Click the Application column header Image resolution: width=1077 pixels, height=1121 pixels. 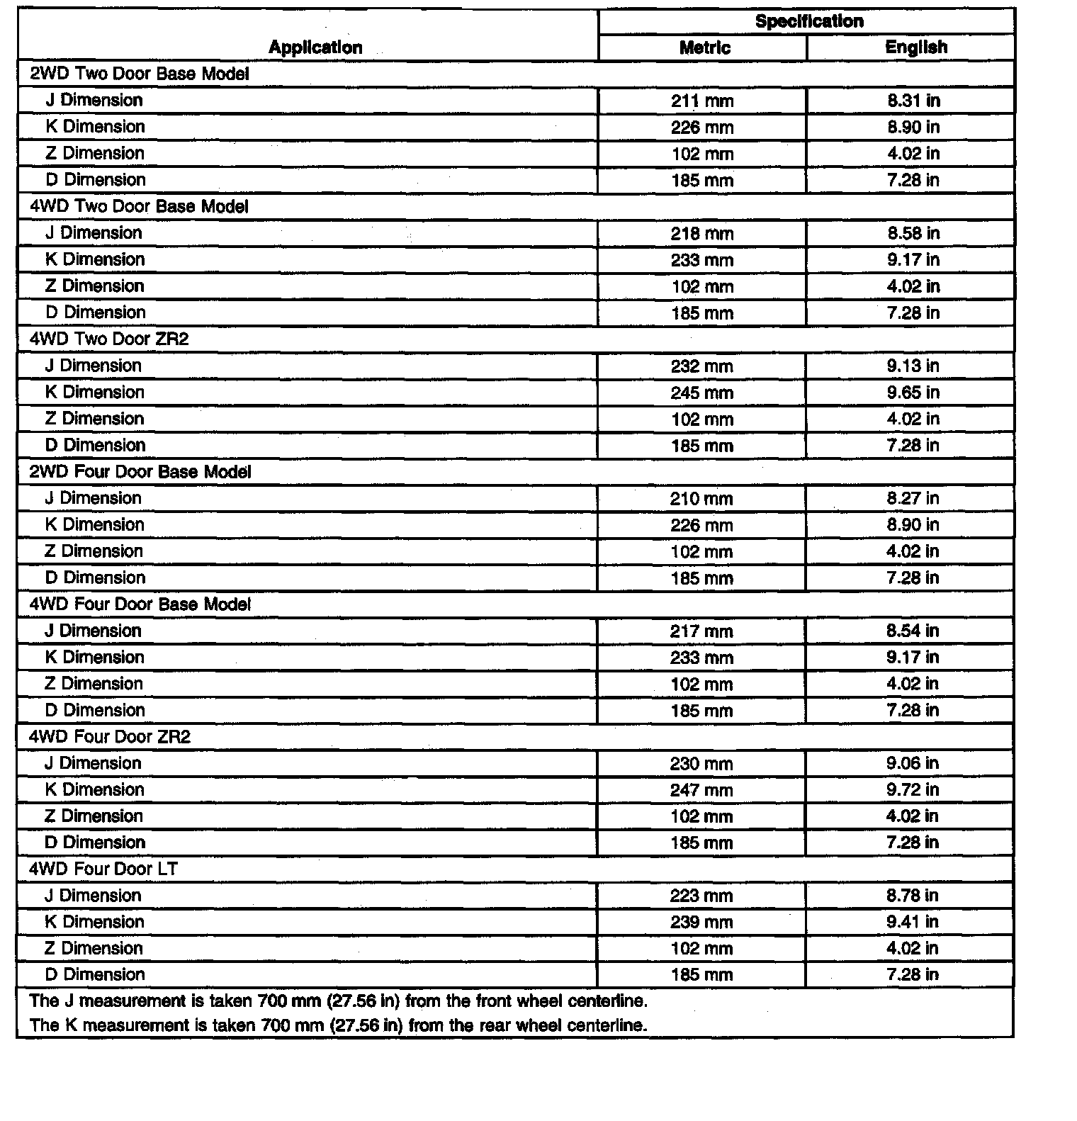315,47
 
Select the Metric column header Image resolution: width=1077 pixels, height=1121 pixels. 704,47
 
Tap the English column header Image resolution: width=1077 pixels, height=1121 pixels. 915,47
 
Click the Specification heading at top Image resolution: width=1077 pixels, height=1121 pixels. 809,21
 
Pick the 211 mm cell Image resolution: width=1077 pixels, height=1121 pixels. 702,101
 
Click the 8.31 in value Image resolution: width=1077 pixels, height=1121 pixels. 913,101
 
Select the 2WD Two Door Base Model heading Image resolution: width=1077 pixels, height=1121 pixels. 140,74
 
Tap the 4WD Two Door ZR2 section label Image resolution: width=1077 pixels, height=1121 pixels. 109,339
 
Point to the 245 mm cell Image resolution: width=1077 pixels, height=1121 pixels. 702,393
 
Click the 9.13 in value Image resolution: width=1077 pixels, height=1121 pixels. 913,366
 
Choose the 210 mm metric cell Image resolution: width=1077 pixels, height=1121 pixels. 701,499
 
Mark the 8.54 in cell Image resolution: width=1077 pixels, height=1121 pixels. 913,631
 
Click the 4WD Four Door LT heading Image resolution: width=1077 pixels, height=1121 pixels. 103,869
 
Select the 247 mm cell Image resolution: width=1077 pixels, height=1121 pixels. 701,790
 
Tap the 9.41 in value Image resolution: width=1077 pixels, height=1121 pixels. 912,922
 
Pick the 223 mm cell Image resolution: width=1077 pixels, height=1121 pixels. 701,896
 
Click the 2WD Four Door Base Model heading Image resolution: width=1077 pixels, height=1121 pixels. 140,472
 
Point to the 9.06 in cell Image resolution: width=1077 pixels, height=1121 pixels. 913,763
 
